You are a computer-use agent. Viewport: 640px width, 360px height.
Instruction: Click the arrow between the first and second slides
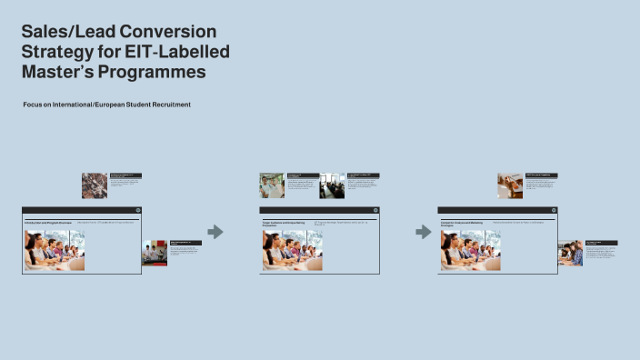click(215, 232)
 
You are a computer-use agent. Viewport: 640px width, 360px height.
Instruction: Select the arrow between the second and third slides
click(424, 232)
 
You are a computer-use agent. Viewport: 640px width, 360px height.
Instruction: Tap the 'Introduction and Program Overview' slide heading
click(47, 221)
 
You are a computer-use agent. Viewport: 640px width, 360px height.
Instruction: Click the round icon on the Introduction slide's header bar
click(138, 210)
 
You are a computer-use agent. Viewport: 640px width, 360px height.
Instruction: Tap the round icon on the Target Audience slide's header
click(375, 210)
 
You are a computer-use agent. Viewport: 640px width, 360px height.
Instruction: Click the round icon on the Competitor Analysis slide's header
click(553, 210)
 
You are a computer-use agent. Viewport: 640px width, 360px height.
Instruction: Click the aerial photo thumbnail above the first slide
click(95, 185)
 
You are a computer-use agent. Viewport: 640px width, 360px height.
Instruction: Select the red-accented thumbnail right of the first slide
click(154, 253)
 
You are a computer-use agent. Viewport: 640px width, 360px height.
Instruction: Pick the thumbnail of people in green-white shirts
click(271, 185)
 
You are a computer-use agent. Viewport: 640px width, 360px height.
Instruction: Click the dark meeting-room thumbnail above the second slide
click(332, 185)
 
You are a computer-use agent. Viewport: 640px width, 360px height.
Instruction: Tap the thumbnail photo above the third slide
click(510, 185)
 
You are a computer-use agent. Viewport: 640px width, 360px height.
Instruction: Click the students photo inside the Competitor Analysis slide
click(470, 249)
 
